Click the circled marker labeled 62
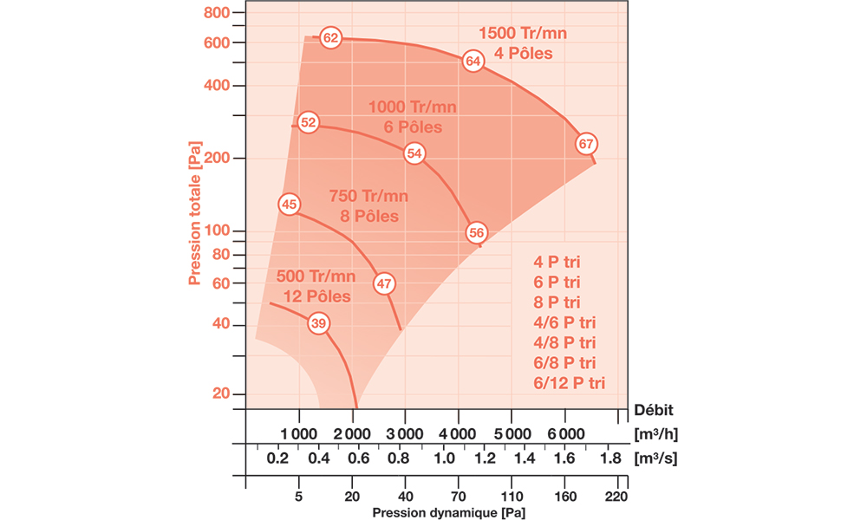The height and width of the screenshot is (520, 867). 330,38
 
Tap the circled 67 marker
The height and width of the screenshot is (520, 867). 587,144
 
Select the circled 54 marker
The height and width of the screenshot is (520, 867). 414,153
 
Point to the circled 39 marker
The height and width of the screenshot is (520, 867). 318,324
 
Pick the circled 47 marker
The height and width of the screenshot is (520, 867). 384,283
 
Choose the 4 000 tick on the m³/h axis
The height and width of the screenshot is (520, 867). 456,433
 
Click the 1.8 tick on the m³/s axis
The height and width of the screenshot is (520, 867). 611,458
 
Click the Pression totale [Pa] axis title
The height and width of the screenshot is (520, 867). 196,218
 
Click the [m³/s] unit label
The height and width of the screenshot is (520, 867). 655,458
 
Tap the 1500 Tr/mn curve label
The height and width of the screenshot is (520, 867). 523,33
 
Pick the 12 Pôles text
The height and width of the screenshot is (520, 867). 316,296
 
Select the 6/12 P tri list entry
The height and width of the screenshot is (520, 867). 570,382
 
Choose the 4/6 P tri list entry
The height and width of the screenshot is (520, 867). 564,322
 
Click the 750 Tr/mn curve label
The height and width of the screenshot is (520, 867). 368,195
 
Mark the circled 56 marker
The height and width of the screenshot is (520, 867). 476,232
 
